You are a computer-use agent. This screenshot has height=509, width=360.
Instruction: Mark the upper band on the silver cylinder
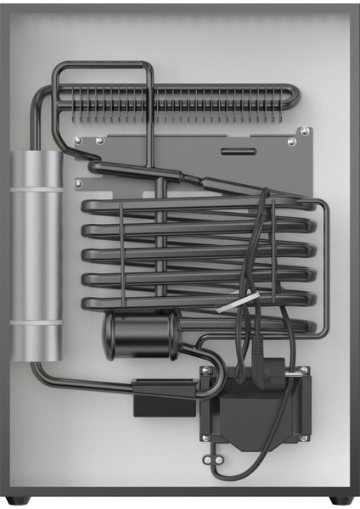(x=37, y=189)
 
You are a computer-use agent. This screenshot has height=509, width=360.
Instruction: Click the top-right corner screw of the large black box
(x=302, y=370)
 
